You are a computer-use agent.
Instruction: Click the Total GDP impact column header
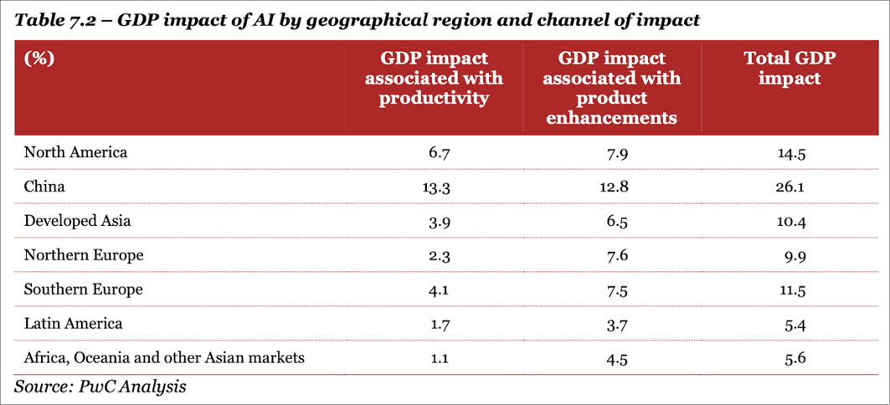[x=790, y=69]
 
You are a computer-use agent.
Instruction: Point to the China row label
[x=44, y=187]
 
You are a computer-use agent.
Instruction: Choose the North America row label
[x=75, y=152]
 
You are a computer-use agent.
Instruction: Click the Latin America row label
[x=74, y=323]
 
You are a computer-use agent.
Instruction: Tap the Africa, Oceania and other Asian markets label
[x=164, y=357]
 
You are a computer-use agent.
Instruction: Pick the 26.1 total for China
[x=790, y=187]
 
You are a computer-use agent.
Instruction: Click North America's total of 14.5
[x=790, y=153]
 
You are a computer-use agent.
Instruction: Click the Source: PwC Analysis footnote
[x=100, y=387]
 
